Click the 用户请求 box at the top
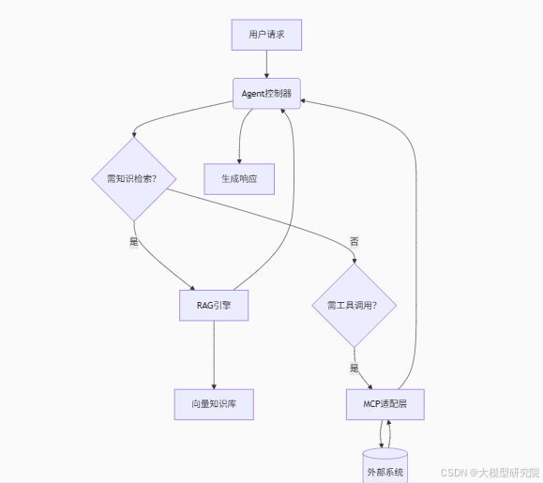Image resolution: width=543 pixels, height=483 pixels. pyautogui.click(x=267, y=35)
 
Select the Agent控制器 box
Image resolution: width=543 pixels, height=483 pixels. pyautogui.click(x=267, y=93)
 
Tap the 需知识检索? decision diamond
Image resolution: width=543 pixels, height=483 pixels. pyautogui.click(x=133, y=179)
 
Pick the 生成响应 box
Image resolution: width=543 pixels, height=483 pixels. pyautogui.click(x=239, y=178)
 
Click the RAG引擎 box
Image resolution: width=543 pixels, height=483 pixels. pyautogui.click(x=214, y=305)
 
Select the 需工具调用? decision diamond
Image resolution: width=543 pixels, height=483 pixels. pyautogui.click(x=354, y=305)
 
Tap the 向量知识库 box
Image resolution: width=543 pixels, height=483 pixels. pyautogui.click(x=214, y=403)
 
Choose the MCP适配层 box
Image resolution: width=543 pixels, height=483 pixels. pyautogui.click(x=385, y=403)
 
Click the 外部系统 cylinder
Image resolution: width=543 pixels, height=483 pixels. pyautogui.click(x=385, y=467)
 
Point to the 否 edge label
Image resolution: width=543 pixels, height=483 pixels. pyautogui.click(x=354, y=241)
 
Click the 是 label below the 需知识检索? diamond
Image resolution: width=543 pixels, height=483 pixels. pyautogui.click(x=133, y=241)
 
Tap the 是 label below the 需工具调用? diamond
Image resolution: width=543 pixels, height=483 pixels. pyautogui.click(x=354, y=368)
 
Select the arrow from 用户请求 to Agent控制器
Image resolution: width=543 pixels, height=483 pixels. pyautogui.click(x=267, y=64)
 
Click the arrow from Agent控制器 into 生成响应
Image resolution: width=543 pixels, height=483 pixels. pyautogui.click(x=240, y=136)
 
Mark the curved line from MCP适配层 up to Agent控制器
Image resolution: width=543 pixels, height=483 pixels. pyautogui.click(x=415, y=234)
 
